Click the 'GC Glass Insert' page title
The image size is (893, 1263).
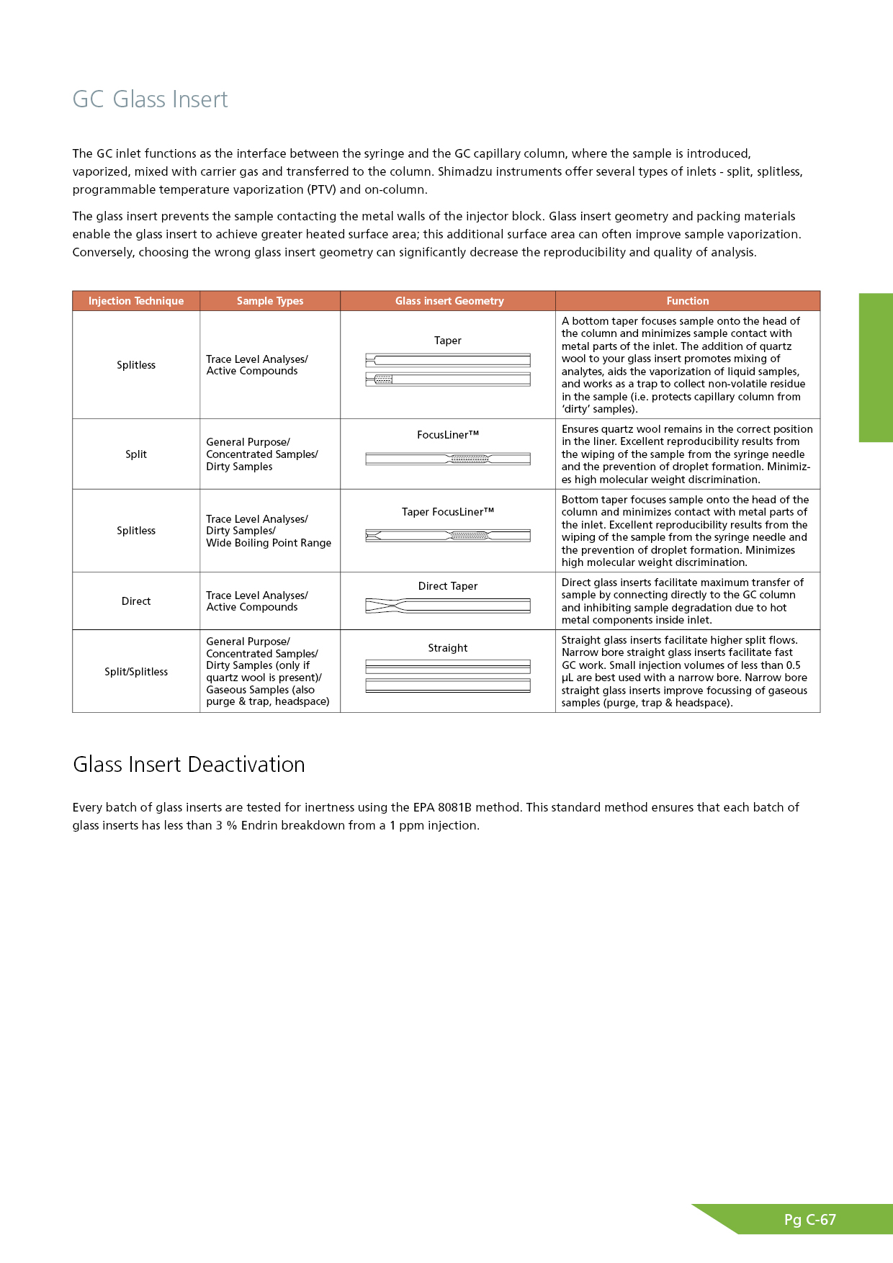pos(150,99)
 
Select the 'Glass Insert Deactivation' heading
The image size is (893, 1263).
pos(189,764)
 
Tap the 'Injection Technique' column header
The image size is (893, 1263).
pos(136,301)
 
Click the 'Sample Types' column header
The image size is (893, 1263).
pos(270,301)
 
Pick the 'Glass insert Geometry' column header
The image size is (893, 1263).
pos(449,301)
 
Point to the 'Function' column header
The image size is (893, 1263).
pos(688,301)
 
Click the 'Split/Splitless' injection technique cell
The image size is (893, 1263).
pos(136,672)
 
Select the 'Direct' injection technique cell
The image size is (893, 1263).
pos(136,601)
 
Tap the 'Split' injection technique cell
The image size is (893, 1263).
pos(136,454)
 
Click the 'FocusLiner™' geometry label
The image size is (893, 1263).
pos(448,435)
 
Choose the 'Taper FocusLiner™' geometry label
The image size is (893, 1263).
pos(448,512)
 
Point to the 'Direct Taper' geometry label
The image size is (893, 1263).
pos(448,586)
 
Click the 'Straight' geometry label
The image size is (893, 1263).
pos(448,648)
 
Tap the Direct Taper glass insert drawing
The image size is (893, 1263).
pos(448,606)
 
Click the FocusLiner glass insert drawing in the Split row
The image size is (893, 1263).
pos(448,459)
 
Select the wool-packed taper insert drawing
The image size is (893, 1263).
pos(448,379)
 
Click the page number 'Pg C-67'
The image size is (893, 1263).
pos(810,1220)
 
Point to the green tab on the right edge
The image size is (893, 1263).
pos(876,367)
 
